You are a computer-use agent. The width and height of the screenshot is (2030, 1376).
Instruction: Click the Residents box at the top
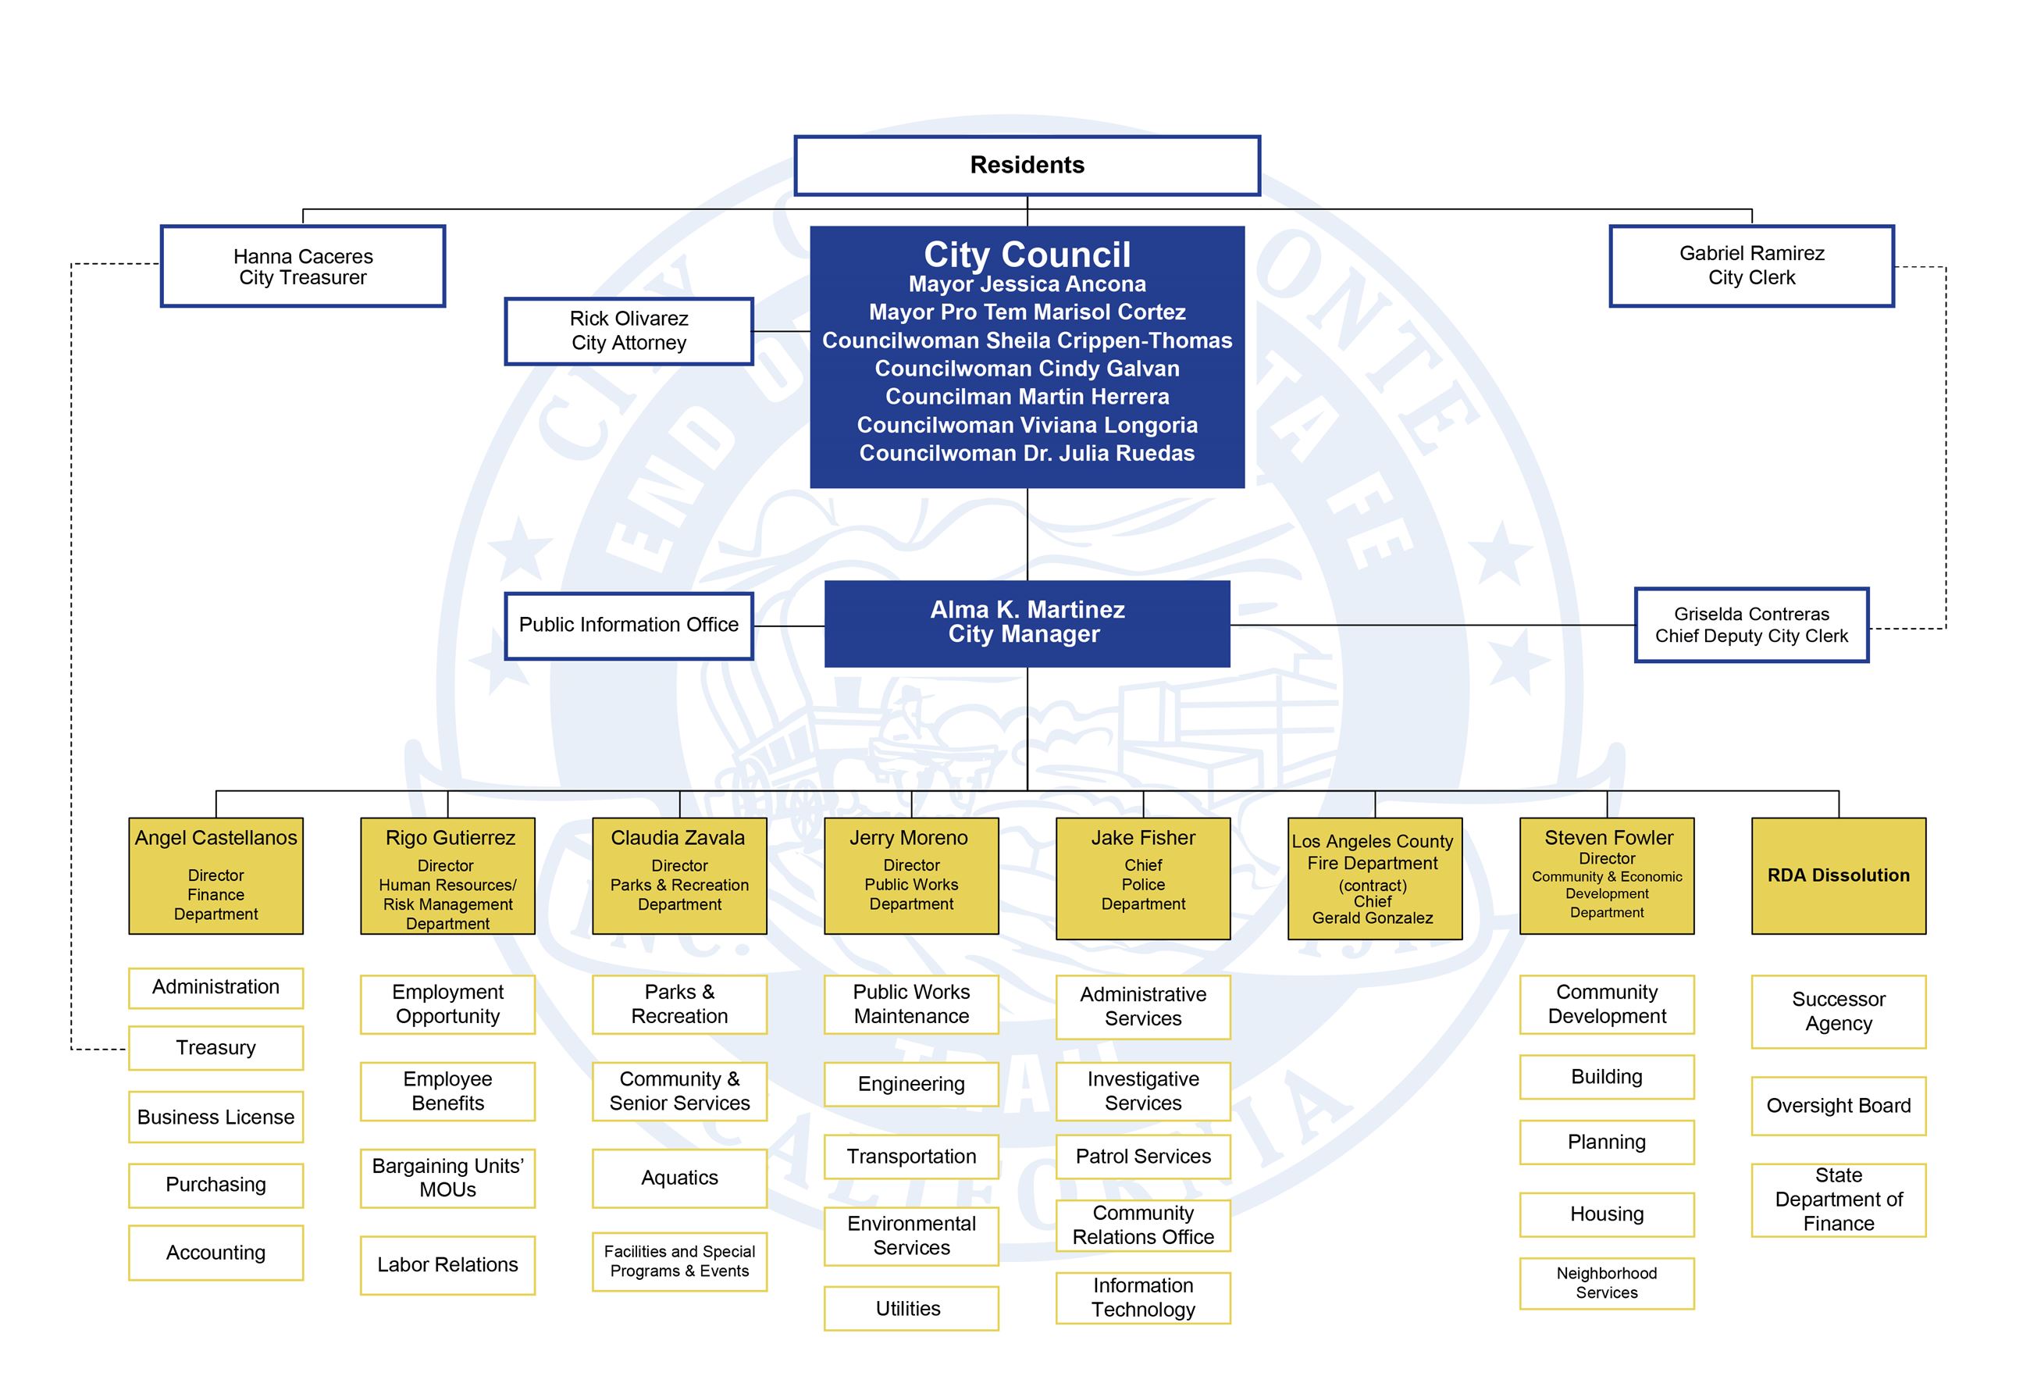coord(1027,165)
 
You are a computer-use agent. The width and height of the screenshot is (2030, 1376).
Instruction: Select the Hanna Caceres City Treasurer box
coord(302,266)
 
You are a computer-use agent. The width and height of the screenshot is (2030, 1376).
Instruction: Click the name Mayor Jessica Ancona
coord(1027,284)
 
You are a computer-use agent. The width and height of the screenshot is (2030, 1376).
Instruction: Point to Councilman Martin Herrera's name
coord(1027,397)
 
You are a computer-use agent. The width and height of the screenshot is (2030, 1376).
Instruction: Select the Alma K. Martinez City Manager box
coord(1027,623)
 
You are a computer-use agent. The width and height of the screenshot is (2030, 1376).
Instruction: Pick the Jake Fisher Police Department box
coord(1142,877)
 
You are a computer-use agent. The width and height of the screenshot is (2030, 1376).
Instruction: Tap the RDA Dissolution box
coord(1838,875)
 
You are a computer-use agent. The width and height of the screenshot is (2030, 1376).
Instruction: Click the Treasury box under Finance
coord(215,1047)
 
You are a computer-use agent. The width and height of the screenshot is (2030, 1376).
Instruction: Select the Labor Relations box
coord(447,1264)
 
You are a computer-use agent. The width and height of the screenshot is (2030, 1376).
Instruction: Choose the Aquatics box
coord(678,1178)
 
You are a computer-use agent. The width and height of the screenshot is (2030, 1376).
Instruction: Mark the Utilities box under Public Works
coord(910,1308)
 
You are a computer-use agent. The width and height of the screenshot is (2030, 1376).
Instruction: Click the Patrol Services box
coord(1142,1157)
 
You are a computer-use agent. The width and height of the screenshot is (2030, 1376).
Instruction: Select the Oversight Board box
coord(1838,1106)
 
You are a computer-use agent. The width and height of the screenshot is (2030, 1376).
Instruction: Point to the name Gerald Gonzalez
coord(1373,918)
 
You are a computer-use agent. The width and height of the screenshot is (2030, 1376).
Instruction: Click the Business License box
coord(215,1117)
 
